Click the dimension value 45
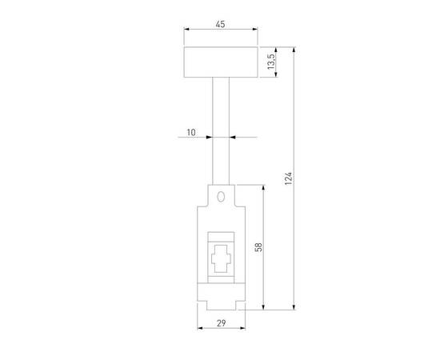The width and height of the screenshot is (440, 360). click(x=220, y=25)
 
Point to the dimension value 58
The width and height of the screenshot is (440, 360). click(x=256, y=247)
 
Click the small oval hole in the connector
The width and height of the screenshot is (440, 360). click(x=220, y=196)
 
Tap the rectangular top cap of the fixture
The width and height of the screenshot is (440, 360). click(x=220, y=61)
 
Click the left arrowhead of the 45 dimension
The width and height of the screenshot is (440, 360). click(x=186, y=31)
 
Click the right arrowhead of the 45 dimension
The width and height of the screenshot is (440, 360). click(x=255, y=31)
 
